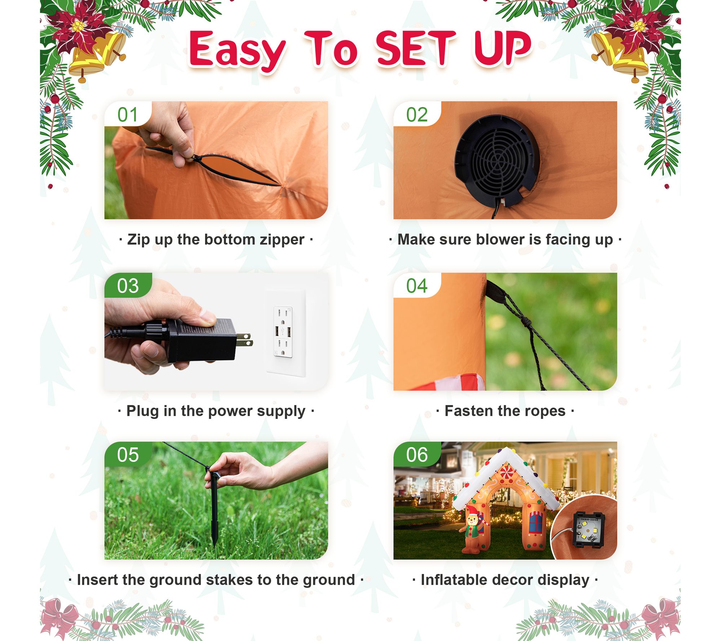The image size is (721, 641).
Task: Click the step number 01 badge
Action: click(x=128, y=114)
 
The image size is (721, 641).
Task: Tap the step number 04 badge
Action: click(x=417, y=286)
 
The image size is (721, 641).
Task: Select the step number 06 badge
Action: click(x=417, y=454)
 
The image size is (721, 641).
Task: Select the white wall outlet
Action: click(x=286, y=332)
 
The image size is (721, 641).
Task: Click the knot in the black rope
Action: click(x=526, y=320)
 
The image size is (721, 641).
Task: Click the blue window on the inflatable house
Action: click(x=536, y=522)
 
